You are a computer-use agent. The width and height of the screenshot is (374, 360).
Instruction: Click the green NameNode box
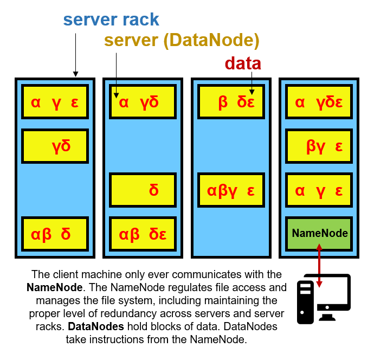[319, 233]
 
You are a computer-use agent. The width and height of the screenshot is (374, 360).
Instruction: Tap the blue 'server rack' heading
[111, 20]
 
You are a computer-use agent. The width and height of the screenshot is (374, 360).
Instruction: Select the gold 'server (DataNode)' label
[182, 40]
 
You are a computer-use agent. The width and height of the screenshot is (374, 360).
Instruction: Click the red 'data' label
[243, 63]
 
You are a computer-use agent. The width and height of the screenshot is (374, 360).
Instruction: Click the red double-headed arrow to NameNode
[319, 266]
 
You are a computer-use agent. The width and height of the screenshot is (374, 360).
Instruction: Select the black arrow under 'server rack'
[75, 54]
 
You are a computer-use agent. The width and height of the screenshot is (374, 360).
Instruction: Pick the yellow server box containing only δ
[143, 190]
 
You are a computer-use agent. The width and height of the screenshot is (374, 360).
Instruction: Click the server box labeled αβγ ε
[231, 190]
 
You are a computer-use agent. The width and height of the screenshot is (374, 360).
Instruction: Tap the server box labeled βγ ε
[319, 146]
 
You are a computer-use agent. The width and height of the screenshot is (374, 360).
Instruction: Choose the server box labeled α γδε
[319, 102]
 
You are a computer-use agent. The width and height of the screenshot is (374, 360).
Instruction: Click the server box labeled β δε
[231, 102]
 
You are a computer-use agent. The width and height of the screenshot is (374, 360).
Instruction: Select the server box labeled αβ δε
[143, 234]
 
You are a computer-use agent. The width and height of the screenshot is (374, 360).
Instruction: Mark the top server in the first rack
[55, 102]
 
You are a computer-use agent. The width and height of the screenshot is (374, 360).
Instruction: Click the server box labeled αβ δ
[55, 234]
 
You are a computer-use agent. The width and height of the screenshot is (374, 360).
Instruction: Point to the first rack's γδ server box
[55, 146]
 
